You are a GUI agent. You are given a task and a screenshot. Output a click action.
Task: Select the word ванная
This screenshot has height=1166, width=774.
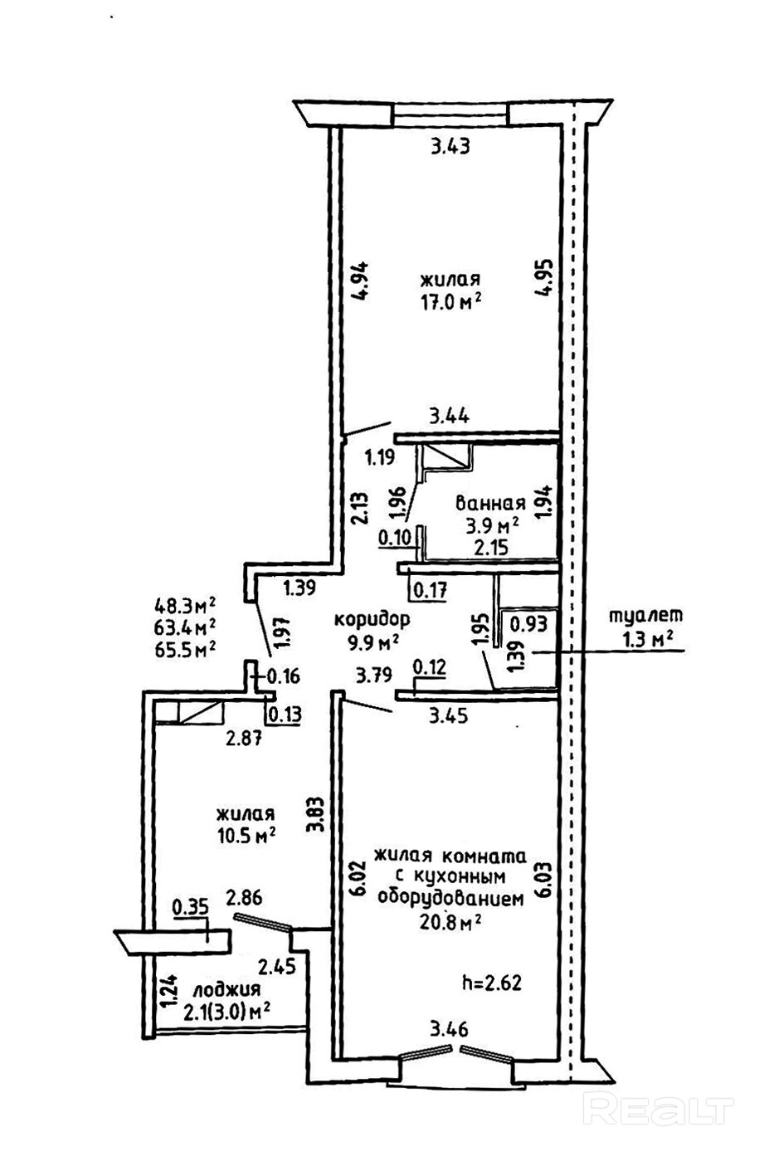point(490,503)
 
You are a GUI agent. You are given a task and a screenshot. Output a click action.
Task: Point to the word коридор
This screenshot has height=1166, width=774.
point(372,619)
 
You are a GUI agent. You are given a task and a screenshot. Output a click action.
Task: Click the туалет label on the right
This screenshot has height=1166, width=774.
point(645,616)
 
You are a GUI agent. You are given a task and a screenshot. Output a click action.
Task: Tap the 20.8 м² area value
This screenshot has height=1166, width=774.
point(451,922)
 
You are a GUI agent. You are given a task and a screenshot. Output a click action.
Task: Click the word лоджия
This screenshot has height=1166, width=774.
point(226,990)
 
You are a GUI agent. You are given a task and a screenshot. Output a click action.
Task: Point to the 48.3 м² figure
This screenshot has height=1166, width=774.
point(186,603)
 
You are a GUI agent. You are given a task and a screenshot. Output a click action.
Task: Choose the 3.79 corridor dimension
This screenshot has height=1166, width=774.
point(372,676)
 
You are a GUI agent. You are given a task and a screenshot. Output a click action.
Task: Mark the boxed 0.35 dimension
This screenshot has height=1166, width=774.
point(190,906)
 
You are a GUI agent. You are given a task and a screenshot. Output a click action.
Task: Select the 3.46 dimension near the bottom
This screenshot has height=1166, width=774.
point(449,1031)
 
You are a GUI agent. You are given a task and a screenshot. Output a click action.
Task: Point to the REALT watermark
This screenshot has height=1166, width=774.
point(660,1110)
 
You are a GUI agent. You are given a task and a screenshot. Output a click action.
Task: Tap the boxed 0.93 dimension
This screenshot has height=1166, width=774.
point(528,622)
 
